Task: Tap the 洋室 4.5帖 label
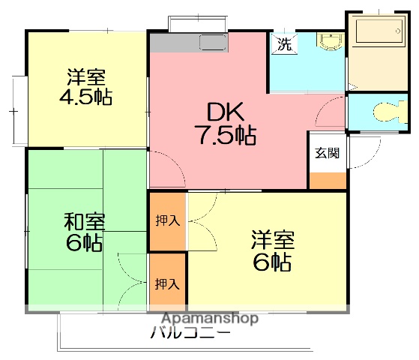[86, 87]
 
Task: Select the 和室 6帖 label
[83, 232]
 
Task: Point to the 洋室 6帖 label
[272, 250]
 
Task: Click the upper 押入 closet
[167, 221]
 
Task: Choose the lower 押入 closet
[167, 283]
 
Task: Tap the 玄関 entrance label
[327, 153]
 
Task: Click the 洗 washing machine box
[284, 43]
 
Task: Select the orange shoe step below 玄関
[328, 181]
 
